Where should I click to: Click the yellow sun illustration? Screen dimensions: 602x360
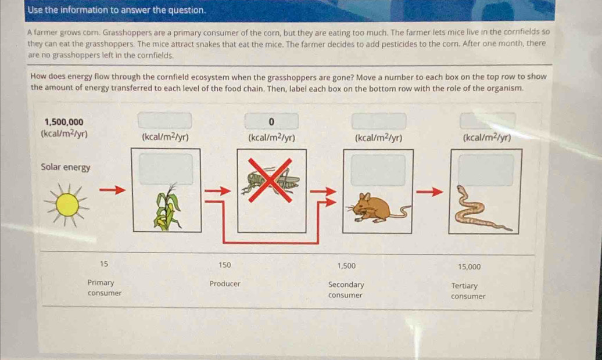click(x=67, y=204)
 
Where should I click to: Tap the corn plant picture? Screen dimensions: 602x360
click(x=167, y=207)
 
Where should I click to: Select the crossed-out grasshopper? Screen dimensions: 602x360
click(x=270, y=179)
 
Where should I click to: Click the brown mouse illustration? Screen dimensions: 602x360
click(x=378, y=208)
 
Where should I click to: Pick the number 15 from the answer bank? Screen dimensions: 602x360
click(x=103, y=264)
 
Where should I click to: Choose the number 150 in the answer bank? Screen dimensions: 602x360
click(x=225, y=265)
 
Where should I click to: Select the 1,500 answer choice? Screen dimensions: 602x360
click(x=346, y=265)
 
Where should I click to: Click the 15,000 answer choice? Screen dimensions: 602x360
click(x=469, y=267)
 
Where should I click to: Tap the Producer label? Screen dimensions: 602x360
click(x=225, y=283)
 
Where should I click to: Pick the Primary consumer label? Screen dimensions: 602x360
click(x=104, y=287)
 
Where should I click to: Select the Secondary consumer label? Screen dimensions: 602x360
click(x=346, y=290)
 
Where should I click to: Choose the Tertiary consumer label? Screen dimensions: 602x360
click(x=468, y=291)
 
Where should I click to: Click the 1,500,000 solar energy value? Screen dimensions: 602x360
click(x=64, y=122)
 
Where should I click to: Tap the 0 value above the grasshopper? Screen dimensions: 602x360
click(x=271, y=122)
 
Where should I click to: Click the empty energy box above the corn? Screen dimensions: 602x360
click(x=164, y=121)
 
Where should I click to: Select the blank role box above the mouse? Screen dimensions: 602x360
click(x=378, y=170)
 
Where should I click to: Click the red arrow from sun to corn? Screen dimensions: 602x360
click(x=113, y=190)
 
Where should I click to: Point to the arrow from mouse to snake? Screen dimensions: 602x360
click(x=429, y=191)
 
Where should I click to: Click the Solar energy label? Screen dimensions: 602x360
click(x=65, y=167)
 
